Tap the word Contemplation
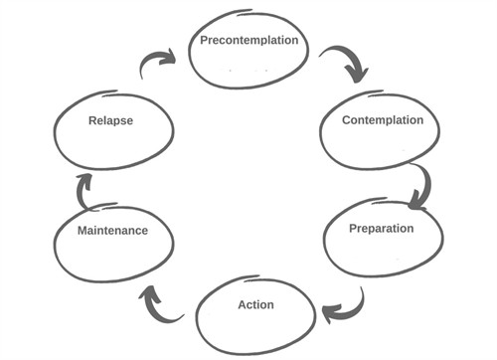(383, 120)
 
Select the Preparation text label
(381, 228)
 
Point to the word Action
(255, 304)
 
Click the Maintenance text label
(112, 230)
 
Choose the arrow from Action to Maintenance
(162, 303)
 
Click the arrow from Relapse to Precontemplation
(155, 65)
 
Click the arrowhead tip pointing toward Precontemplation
(176, 57)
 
